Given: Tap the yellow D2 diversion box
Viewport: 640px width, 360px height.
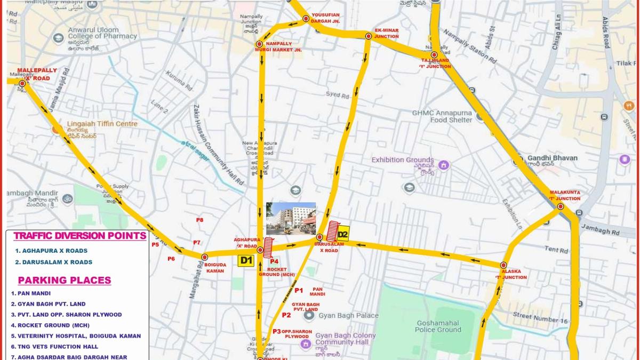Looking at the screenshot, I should [x=342, y=234].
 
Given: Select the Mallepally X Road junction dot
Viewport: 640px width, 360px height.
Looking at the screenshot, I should [x=22, y=83].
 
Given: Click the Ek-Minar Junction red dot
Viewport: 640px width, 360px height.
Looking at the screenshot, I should [x=368, y=36].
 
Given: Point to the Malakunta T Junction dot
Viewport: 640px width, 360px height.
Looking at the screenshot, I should [x=561, y=206].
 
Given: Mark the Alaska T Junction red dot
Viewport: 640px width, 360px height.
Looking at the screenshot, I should [x=503, y=265].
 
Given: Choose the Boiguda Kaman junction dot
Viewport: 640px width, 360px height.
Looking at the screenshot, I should [x=204, y=257].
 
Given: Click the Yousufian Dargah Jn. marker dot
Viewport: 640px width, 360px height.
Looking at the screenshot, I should [x=306, y=19].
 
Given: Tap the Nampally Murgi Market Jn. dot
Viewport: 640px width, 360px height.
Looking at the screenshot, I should [x=259, y=44].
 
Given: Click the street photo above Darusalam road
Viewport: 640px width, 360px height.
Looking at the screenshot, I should [x=291, y=219].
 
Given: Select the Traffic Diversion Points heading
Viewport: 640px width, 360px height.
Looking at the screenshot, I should [x=80, y=236].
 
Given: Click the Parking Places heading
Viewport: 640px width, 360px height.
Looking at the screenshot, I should [x=65, y=280].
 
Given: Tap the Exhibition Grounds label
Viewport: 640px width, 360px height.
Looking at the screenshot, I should [x=403, y=160].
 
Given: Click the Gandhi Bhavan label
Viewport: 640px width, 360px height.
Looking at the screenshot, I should [x=552, y=158].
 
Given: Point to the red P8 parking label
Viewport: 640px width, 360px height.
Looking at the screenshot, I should [x=199, y=220].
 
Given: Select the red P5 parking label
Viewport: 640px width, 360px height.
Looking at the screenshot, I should [x=155, y=245].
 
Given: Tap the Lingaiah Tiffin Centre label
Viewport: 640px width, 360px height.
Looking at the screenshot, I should [x=102, y=124].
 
